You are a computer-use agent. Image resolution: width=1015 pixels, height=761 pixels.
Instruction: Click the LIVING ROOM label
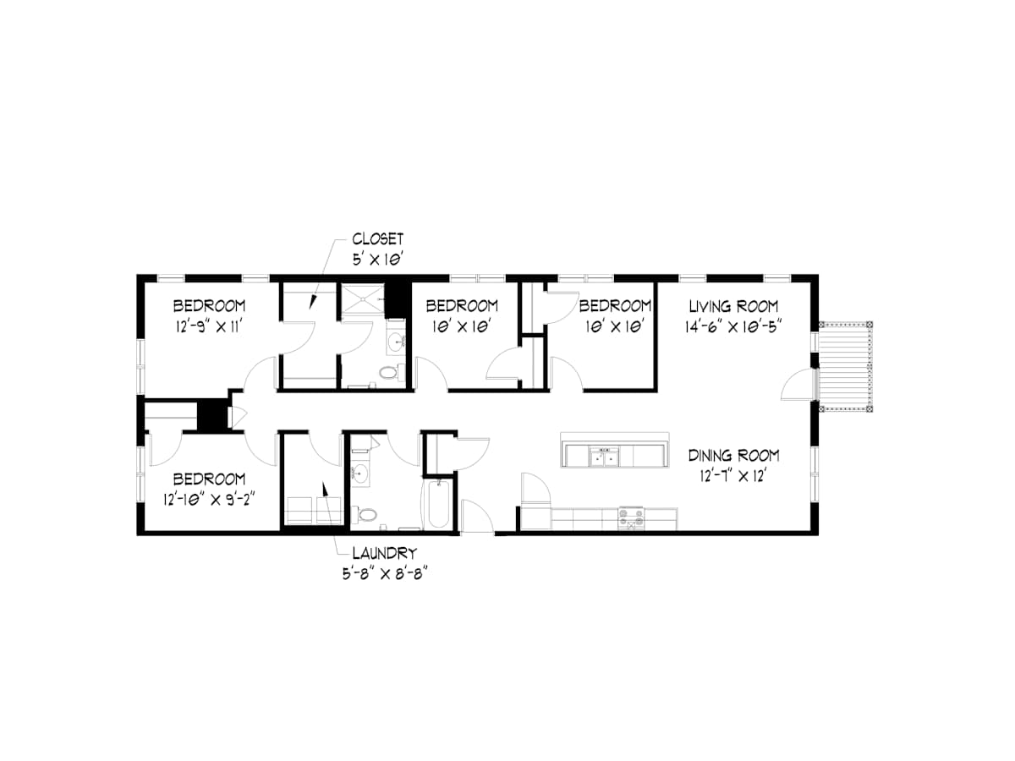[733, 306]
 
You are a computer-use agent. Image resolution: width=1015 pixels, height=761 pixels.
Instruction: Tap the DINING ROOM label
[733, 456]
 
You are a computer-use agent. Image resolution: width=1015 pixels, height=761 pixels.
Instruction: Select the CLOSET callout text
[378, 239]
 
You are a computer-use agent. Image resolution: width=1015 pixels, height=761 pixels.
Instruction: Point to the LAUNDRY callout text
[385, 553]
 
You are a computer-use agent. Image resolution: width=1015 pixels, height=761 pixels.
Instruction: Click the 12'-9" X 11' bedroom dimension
[209, 326]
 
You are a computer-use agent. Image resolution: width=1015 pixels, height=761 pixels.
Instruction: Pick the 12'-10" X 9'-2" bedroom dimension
[209, 500]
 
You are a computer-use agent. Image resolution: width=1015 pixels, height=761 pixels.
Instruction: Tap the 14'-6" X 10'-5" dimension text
[733, 326]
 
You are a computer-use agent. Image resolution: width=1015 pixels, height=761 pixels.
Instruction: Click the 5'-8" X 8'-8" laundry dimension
[384, 574]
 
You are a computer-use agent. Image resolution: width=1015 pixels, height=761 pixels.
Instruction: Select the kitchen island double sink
[604, 456]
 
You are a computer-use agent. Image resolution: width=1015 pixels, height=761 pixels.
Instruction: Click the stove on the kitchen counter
[631, 518]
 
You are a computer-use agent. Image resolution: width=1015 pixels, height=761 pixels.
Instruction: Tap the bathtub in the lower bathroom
[438, 504]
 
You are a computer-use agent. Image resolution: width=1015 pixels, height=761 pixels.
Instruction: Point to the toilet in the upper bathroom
[392, 371]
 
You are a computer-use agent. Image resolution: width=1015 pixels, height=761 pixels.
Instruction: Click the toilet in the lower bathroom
[364, 514]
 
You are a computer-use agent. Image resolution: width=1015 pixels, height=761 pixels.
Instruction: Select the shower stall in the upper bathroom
[363, 299]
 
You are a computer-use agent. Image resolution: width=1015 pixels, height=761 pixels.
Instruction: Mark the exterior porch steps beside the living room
[844, 366]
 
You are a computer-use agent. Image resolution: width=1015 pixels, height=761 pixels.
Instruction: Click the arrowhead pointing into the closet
[313, 302]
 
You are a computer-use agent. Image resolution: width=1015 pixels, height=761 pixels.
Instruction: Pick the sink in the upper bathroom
[397, 342]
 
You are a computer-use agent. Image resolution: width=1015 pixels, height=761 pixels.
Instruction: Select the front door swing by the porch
[797, 385]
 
